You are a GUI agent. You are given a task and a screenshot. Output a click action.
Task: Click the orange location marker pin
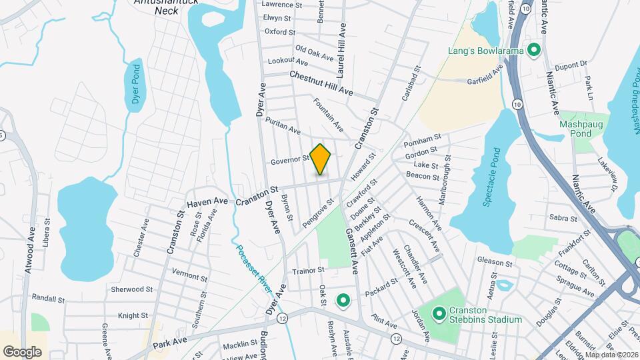coord(321,159)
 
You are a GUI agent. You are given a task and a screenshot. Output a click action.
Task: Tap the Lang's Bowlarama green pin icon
coord(533,49)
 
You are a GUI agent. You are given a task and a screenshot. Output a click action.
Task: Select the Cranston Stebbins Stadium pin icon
coord(439,312)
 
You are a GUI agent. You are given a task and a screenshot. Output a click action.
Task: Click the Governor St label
coord(290,160)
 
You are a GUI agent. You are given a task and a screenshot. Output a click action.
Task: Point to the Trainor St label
coord(307,270)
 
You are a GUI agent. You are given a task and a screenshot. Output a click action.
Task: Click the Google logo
coord(22,351)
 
